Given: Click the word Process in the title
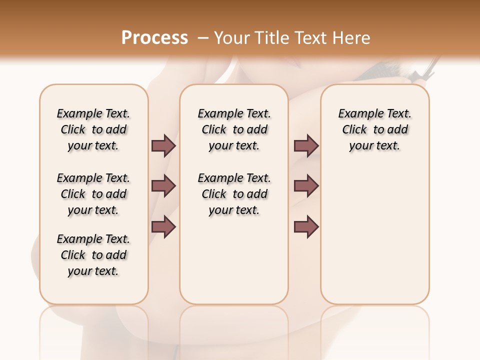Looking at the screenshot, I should (x=154, y=37).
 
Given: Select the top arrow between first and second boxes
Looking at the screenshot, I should (x=163, y=145).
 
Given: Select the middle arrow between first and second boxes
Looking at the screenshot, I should (x=163, y=186).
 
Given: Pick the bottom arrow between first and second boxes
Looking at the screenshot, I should (x=163, y=227).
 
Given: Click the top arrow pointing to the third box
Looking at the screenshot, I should (x=306, y=145).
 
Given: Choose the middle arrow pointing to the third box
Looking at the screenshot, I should (x=306, y=186).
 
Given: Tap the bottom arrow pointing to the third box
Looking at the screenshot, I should (x=306, y=227).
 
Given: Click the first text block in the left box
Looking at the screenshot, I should (x=93, y=129).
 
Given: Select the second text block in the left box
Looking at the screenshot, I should (x=93, y=194).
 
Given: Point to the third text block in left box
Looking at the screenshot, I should (x=93, y=255).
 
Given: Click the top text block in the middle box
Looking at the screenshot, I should (x=234, y=129).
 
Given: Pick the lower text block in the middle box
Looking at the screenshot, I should (x=234, y=194).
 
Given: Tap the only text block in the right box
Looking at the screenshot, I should (x=374, y=129).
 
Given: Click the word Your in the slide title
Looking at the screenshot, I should (x=231, y=38).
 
